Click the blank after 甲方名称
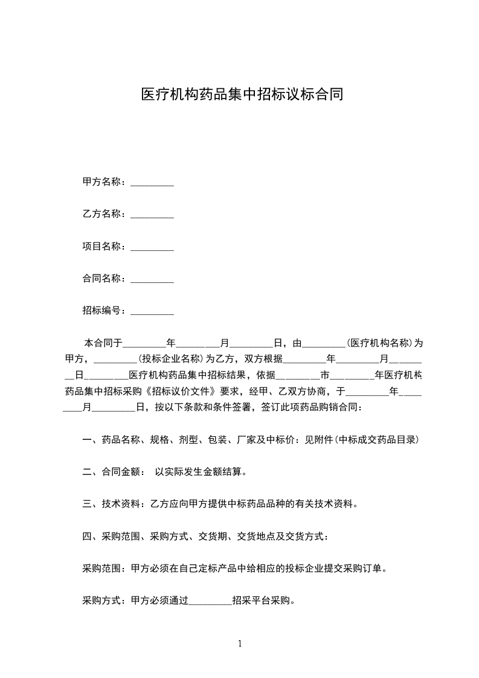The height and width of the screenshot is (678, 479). click(x=152, y=182)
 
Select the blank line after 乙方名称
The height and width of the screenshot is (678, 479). click(x=152, y=215)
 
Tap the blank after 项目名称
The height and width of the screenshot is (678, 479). click(x=152, y=247)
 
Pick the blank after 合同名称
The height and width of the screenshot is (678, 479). click(x=152, y=279)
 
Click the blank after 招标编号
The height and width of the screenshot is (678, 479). click(x=152, y=311)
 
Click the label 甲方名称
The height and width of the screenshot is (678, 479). click(x=103, y=182)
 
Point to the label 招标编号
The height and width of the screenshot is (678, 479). click(x=103, y=311)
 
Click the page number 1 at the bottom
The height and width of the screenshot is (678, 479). click(x=240, y=644)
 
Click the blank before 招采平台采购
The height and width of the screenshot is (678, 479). click(x=210, y=601)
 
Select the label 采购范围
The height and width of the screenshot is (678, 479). click(x=103, y=569)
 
